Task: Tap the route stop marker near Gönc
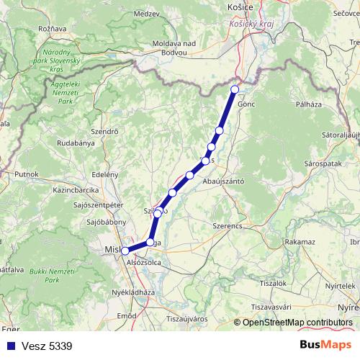pos(235,89)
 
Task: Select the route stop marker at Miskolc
pos(125,251)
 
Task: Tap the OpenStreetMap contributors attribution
pos(294,323)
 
